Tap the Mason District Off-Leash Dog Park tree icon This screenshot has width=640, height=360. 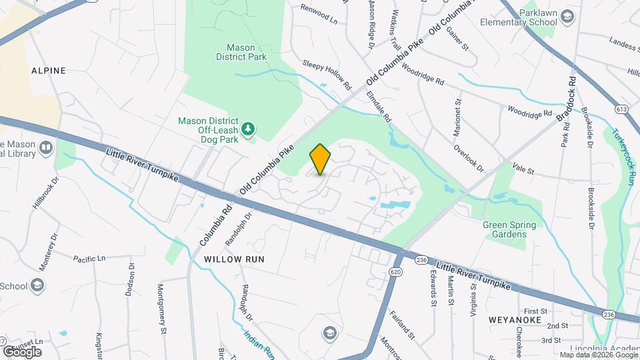(x=249, y=129)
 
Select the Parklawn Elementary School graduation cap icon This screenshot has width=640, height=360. (x=567, y=17)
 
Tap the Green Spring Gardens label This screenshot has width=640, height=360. (x=510, y=230)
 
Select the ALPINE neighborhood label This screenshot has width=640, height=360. (x=48, y=70)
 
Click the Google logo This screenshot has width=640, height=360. (x=21, y=351)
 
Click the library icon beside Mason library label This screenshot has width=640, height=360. (x=46, y=148)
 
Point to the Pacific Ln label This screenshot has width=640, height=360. (x=89, y=259)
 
